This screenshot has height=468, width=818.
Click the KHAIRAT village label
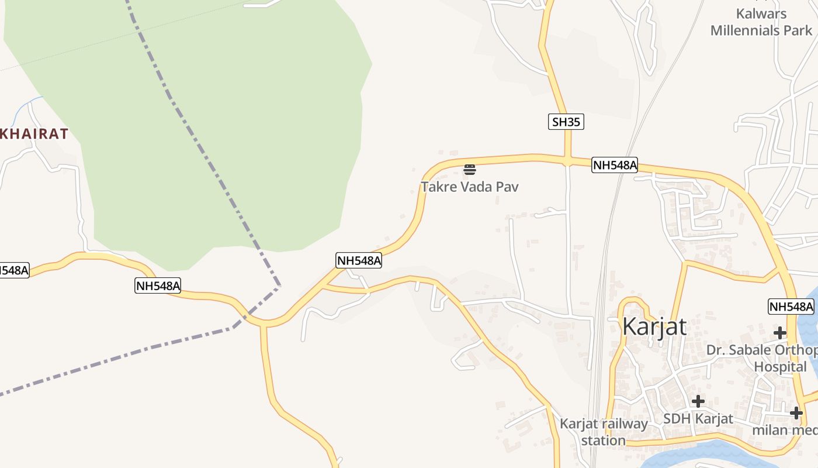point(34,134)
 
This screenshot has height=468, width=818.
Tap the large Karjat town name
point(654,326)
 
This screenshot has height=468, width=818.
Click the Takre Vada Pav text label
point(469,187)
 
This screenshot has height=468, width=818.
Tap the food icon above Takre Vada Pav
point(469,170)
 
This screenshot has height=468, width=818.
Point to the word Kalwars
point(761,14)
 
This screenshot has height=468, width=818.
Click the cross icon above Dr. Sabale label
point(779,333)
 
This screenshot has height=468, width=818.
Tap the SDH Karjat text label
point(698,419)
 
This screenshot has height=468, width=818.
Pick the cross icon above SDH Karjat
point(698,401)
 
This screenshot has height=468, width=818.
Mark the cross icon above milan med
point(796,413)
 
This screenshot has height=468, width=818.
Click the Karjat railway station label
point(604,432)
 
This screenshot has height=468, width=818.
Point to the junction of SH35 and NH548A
point(567,160)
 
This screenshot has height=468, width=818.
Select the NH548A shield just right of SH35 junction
point(615,165)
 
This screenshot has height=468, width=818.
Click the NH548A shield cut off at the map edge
point(13,270)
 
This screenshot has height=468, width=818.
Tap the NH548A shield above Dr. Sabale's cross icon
point(791,307)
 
